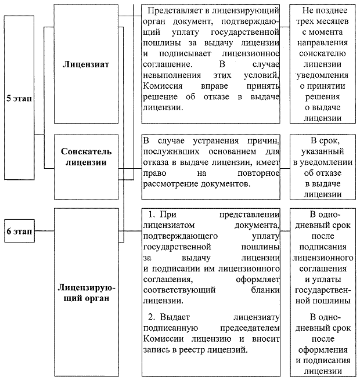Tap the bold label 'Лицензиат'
point(86,63)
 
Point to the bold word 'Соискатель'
point(86,151)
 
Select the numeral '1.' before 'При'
point(152,215)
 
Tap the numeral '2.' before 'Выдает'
point(152,317)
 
